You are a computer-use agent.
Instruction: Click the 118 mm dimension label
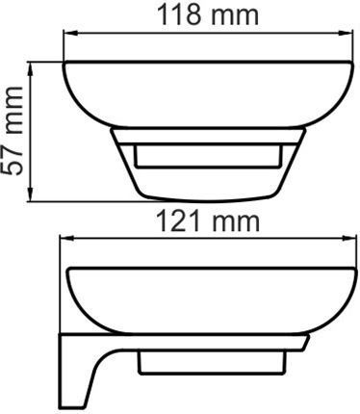[x=208, y=14]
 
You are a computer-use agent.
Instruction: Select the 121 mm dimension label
[x=208, y=221]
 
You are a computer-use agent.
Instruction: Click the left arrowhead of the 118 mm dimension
[x=69, y=33]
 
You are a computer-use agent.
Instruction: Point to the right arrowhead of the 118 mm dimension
[x=347, y=33]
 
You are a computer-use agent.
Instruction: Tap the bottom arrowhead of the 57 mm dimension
[x=31, y=194]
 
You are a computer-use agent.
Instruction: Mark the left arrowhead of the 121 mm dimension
[x=66, y=239]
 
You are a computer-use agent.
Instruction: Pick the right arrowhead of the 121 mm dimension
[x=349, y=239]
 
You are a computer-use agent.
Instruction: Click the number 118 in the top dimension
[x=179, y=14]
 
